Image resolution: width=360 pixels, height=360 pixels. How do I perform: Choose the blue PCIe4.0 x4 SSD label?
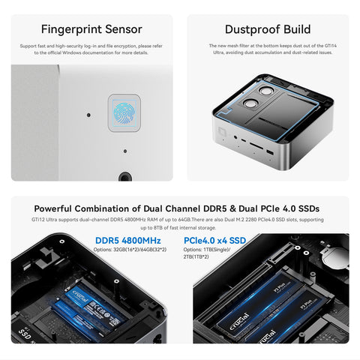(214, 240)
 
